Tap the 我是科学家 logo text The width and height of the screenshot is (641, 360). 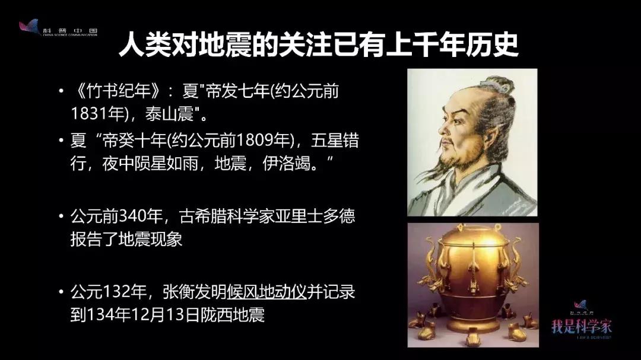(x=582, y=325)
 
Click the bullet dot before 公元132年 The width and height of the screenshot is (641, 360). (x=61, y=292)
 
